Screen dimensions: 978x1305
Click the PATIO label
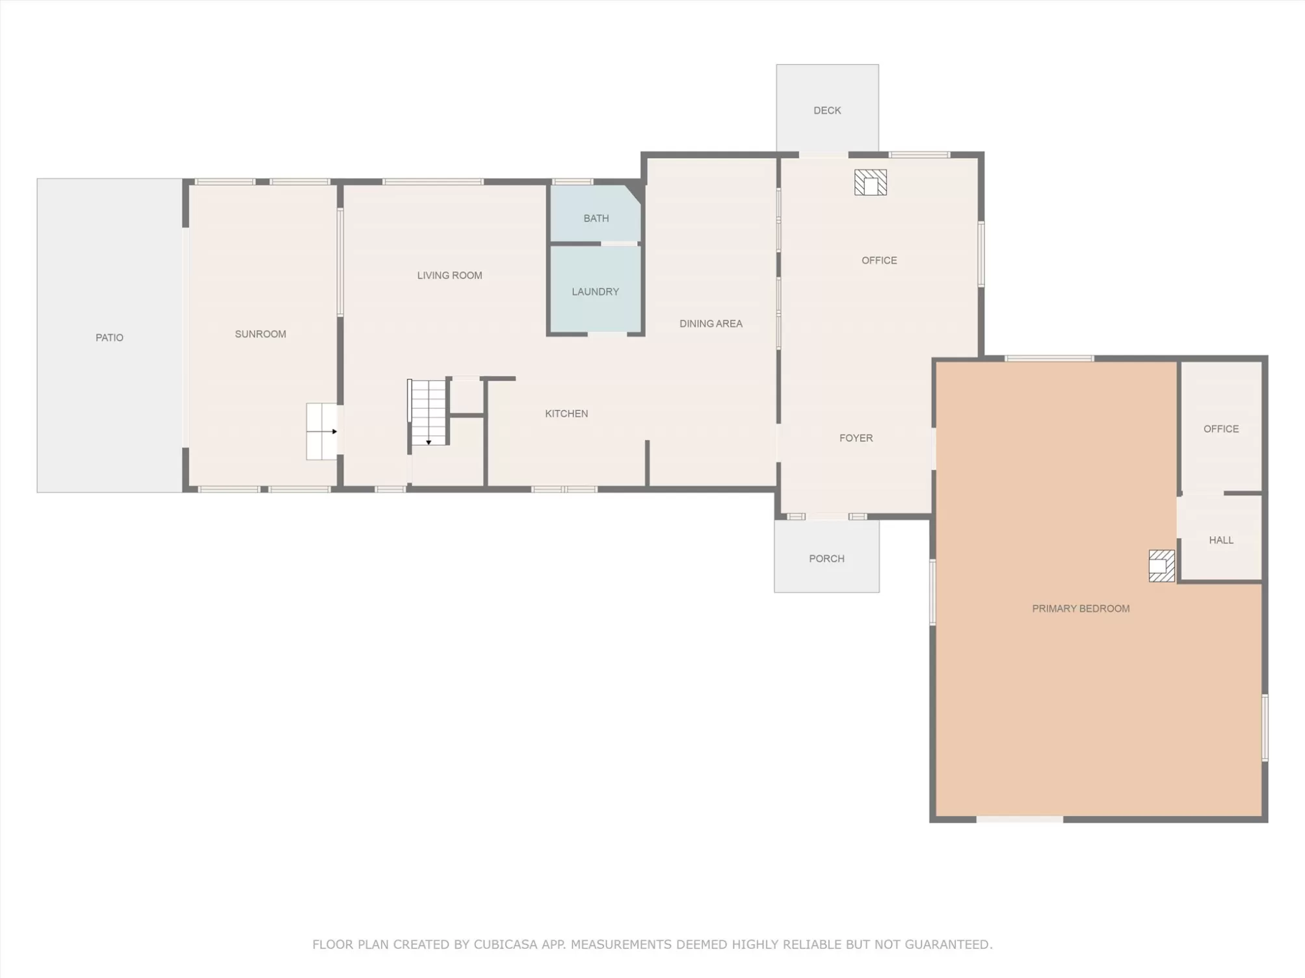coord(109,337)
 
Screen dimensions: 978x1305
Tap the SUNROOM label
coord(260,334)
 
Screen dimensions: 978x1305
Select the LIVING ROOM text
coord(449,276)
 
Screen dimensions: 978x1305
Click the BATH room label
coord(596,218)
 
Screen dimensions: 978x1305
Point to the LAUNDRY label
coord(595,292)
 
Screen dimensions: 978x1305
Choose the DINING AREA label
coord(711,324)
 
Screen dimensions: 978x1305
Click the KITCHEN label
coord(566,413)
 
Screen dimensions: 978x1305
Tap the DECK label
coord(827,110)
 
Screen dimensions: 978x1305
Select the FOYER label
coord(856,438)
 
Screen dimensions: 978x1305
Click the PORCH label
coord(826,559)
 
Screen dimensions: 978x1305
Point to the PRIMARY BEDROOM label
coord(1081,608)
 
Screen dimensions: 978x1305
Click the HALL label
coord(1220,540)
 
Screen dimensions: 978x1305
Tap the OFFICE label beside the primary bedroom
coord(1220,429)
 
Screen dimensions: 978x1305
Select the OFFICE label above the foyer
coord(879,261)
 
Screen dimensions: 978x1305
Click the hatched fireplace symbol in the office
coord(870,183)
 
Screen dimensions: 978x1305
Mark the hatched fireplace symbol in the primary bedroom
coord(1161,566)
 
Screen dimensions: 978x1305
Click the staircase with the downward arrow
coord(428,413)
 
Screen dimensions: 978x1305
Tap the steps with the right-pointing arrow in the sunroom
coord(322,431)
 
